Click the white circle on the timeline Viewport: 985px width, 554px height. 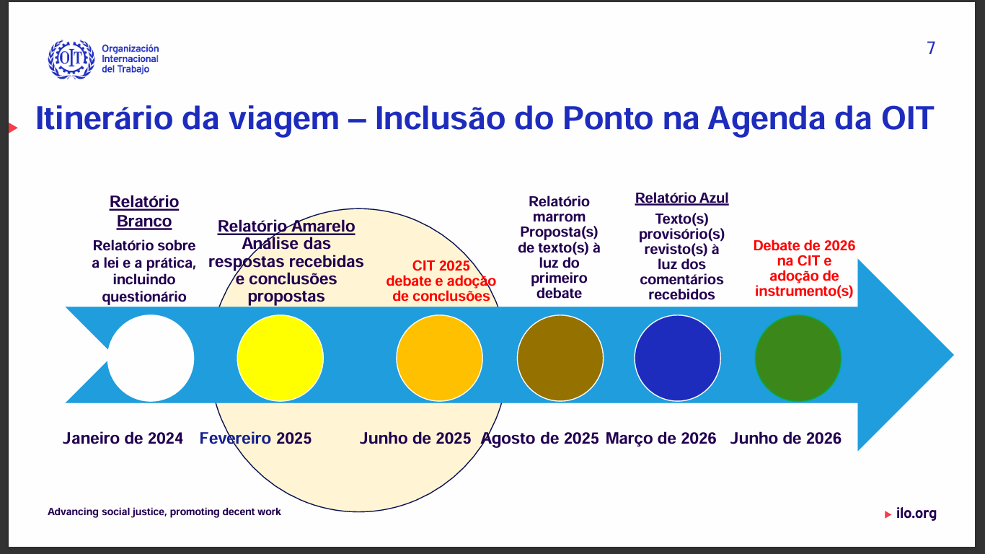[x=151, y=358]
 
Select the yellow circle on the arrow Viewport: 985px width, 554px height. [x=280, y=358]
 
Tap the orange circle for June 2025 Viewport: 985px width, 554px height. [x=439, y=358]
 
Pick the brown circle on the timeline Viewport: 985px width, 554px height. [x=560, y=358]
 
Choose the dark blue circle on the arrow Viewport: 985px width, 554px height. [x=678, y=358]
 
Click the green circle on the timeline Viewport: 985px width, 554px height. [x=798, y=358]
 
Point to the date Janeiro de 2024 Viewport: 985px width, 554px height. [x=123, y=439]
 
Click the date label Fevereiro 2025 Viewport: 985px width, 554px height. [x=255, y=439]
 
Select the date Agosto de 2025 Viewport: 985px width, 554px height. [x=540, y=439]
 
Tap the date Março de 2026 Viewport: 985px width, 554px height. [x=661, y=439]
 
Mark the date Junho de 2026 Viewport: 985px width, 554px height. [x=786, y=439]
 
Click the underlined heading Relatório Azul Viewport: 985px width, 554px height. [x=681, y=198]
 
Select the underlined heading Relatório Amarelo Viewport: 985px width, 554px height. [x=286, y=227]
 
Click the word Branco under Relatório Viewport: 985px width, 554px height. [x=144, y=221]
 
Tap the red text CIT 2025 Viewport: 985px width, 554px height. [x=441, y=265]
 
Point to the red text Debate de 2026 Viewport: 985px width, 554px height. [x=804, y=245]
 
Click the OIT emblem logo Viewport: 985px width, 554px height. [x=71, y=59]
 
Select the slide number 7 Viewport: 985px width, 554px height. [x=931, y=48]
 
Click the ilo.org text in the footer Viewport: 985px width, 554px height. [x=916, y=513]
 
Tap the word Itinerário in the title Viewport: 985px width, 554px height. [x=105, y=118]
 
